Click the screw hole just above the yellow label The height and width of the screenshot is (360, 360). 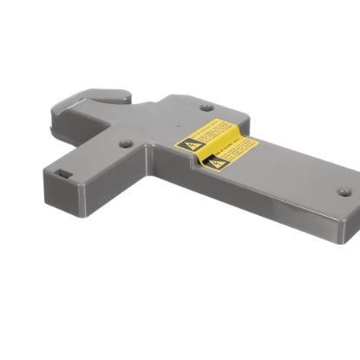(x=206, y=108)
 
